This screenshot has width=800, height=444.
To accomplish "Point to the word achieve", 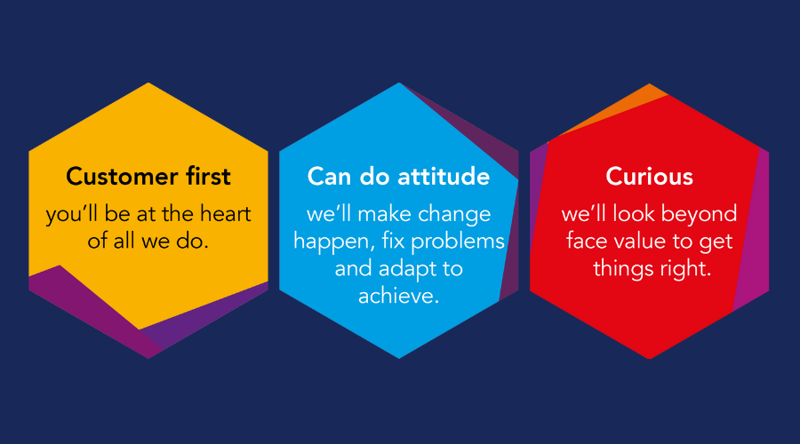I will click(399, 296).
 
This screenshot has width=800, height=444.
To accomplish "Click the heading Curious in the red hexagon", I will click(649, 177).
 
